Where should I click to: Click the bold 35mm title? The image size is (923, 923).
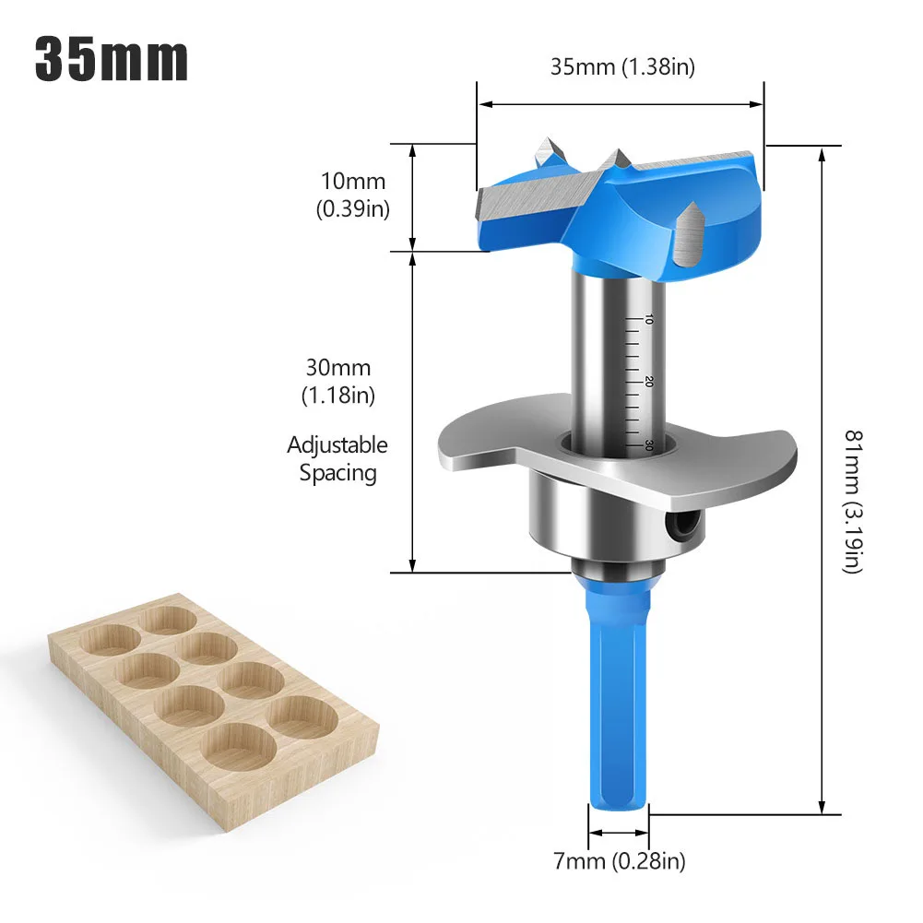[112, 60]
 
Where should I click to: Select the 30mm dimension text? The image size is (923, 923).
[337, 367]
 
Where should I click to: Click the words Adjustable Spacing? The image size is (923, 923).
[337, 459]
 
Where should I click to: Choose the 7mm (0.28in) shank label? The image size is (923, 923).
[619, 862]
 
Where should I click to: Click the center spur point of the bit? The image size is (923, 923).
[611, 163]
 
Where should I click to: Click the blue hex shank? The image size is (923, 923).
[617, 701]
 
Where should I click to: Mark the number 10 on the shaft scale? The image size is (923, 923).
[648, 319]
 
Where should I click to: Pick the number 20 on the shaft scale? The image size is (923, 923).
[648, 382]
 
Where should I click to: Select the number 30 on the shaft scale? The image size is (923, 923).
[648, 444]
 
